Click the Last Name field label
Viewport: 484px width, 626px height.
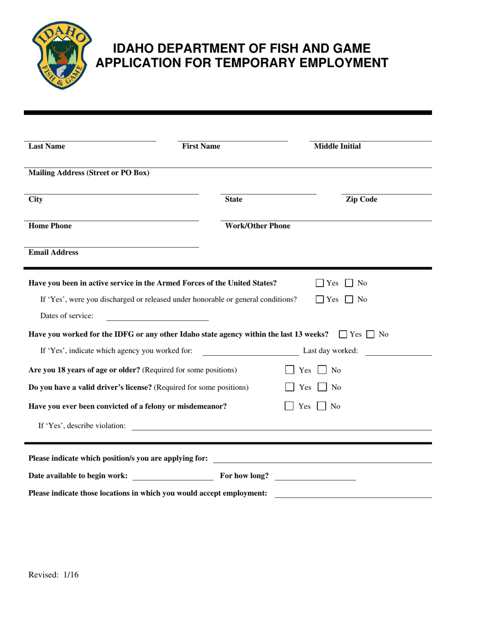(47, 147)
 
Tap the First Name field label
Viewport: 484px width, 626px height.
(201, 147)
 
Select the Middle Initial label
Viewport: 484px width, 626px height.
(337, 147)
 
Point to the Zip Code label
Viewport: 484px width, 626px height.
(361, 200)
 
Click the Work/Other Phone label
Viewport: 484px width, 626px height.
(258, 226)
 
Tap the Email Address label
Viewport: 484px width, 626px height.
(53, 252)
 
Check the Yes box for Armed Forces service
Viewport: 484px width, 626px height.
(319, 283)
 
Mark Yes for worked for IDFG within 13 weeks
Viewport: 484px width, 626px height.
(343, 334)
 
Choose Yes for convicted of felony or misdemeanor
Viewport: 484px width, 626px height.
(289, 406)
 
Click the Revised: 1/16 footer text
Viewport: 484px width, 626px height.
(53, 576)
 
